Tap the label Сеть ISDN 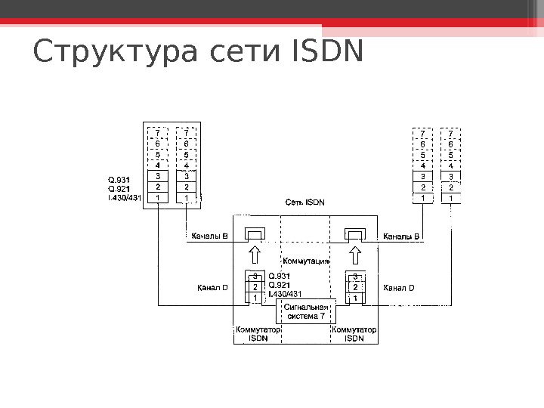click(304, 202)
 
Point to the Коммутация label click(306, 261)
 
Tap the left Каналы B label click(210, 236)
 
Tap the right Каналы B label click(402, 236)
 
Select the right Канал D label click(400, 287)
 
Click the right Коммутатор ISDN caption click(354, 334)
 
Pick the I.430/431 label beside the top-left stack click(125, 198)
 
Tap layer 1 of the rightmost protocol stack click(451, 198)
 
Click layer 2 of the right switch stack click(355, 287)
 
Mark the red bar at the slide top click(272, 23)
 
